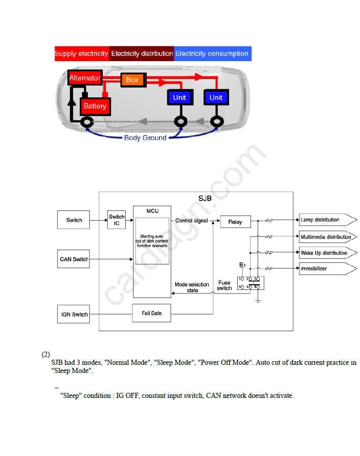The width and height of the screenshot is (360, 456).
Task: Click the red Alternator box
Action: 85,77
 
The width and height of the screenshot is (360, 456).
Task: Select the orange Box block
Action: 133,79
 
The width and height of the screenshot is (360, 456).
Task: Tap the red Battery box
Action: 95,106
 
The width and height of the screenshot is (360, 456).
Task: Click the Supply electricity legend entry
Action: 81,53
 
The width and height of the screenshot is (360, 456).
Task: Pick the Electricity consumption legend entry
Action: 213,53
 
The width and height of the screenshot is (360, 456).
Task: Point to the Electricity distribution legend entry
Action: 142,53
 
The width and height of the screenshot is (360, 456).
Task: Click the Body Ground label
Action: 145,138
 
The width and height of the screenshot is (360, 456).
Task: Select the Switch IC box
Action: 117,220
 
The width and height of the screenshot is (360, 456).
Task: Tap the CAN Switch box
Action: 73,259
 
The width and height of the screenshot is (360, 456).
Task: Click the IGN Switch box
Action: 73,314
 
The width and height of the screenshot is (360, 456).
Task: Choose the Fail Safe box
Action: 152,313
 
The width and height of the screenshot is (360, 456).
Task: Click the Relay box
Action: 235,222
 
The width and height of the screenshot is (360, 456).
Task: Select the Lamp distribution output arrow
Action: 328,220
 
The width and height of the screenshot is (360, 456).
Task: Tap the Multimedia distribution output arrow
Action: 328,237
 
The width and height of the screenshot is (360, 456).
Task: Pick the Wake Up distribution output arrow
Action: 328,253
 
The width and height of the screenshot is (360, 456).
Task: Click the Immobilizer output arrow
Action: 328,269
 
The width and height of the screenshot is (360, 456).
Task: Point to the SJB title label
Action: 205,198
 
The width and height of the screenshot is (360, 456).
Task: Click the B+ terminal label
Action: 242,264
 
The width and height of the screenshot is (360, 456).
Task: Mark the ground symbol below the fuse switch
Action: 258,301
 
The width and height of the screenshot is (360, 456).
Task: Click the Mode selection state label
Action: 192,287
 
